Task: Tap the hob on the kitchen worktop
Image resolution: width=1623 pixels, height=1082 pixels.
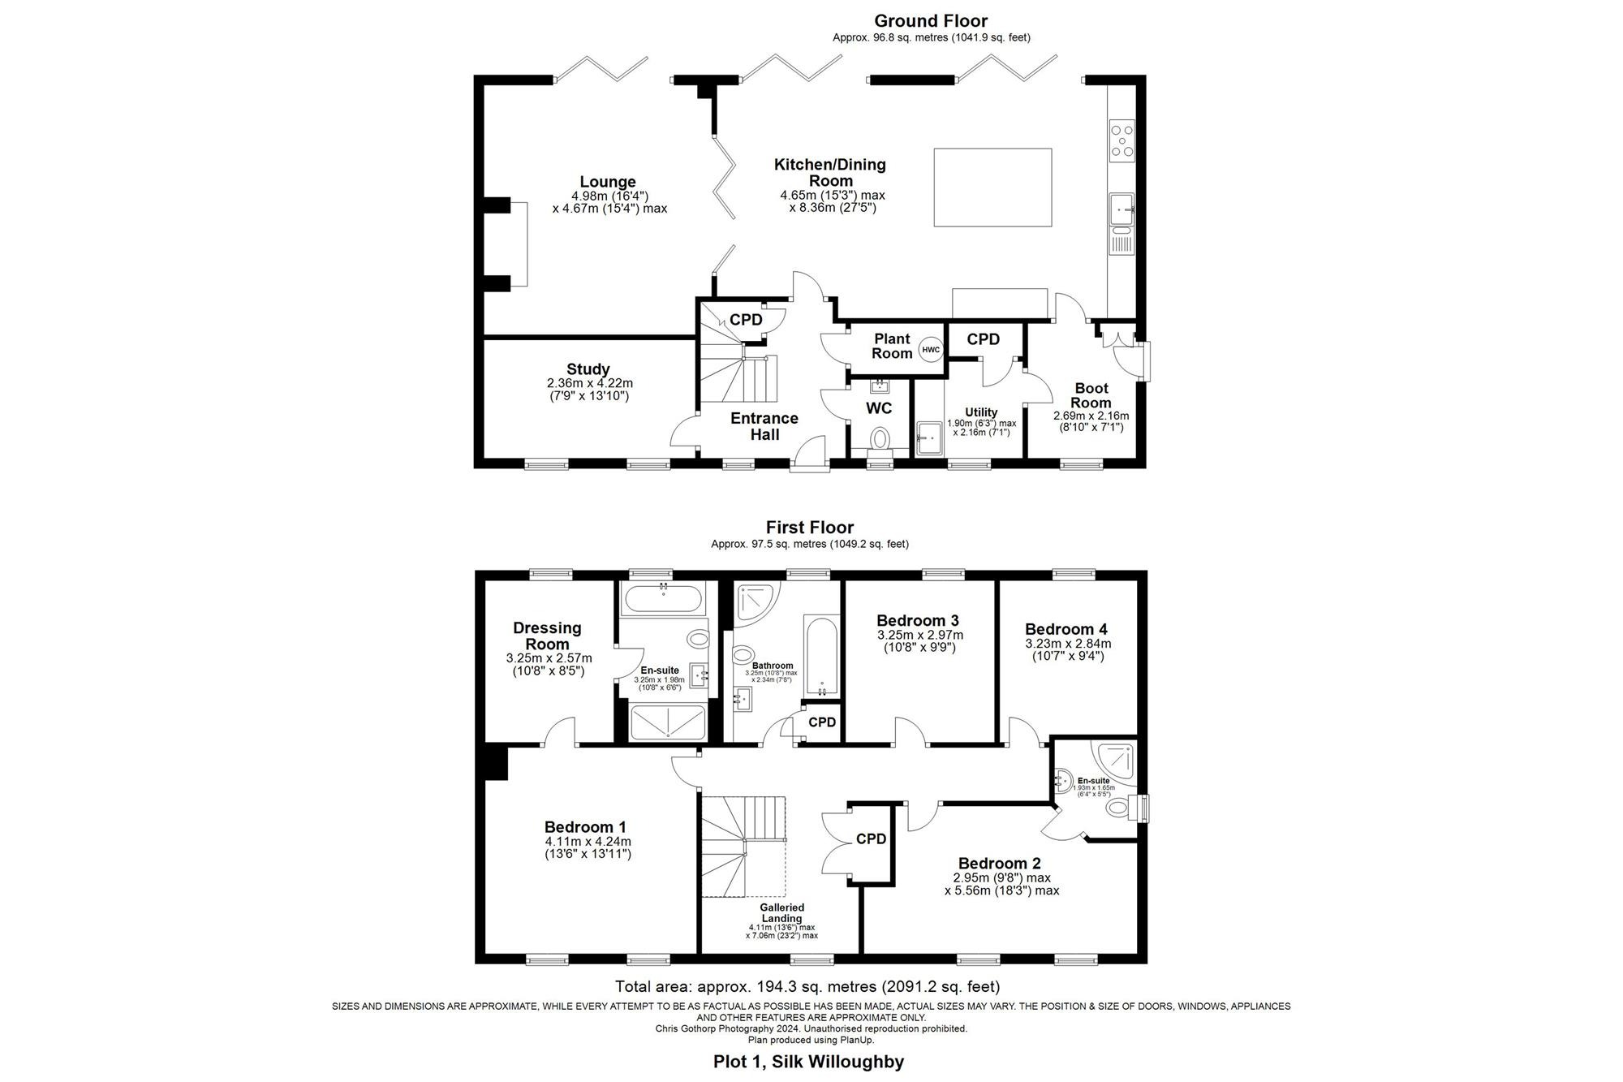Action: click(1122, 140)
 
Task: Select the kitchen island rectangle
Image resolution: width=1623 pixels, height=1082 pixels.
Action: click(992, 188)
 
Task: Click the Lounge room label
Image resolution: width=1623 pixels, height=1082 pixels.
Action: click(608, 182)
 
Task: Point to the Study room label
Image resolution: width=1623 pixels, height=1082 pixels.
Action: click(588, 369)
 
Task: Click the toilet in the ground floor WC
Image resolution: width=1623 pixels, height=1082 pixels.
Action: click(879, 439)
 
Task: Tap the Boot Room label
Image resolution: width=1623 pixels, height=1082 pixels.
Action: click(1091, 395)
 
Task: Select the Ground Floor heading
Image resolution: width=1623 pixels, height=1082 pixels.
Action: click(931, 21)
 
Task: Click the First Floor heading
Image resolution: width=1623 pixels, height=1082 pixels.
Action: click(809, 528)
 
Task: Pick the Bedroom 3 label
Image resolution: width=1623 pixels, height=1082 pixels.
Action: click(919, 621)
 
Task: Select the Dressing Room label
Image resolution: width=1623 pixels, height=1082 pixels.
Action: click(548, 636)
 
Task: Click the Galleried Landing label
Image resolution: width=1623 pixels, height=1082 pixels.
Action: click(781, 912)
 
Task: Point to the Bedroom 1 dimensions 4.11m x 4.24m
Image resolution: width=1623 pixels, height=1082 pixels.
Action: click(588, 842)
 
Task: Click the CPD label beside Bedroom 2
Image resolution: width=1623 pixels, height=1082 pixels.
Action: click(871, 839)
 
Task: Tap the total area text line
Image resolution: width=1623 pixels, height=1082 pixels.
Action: click(807, 987)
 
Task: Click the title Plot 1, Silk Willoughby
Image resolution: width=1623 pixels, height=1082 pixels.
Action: click(808, 1061)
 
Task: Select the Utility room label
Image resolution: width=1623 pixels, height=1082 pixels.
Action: click(981, 412)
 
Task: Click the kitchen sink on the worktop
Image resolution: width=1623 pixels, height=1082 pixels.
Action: click(1122, 209)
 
